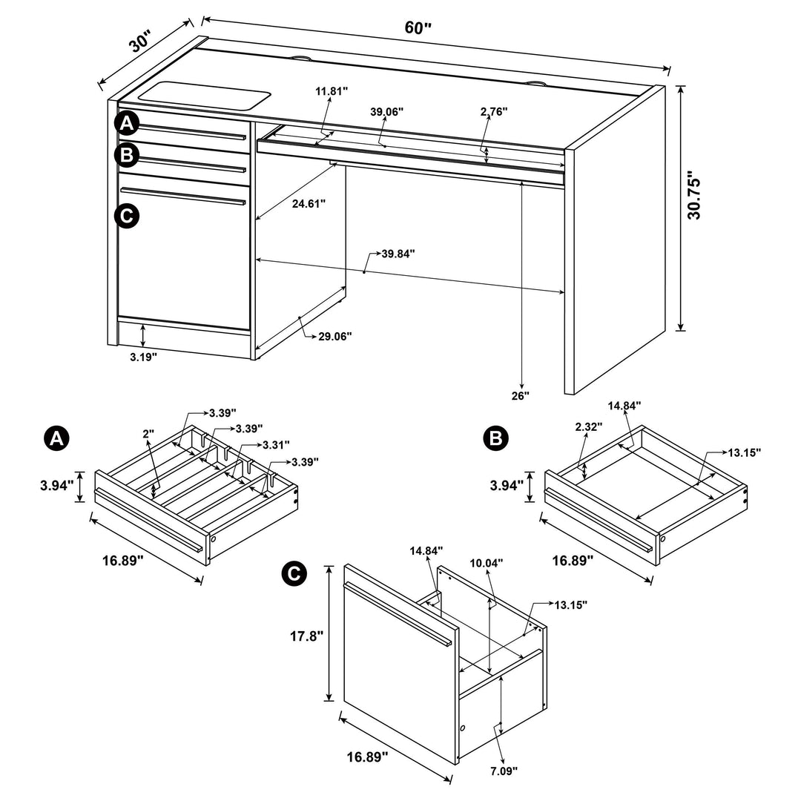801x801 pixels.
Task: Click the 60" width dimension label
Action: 418,28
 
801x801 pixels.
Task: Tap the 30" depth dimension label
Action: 140,42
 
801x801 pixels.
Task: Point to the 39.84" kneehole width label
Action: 398,254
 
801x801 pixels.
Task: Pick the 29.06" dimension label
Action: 334,336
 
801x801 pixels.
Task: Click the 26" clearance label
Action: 520,396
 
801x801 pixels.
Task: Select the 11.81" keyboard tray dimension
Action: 331,91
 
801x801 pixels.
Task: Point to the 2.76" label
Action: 493,112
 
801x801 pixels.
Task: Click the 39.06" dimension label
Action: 386,112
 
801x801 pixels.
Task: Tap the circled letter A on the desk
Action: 127,123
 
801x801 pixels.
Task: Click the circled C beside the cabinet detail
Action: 294,573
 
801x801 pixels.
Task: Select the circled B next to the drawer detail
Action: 495,439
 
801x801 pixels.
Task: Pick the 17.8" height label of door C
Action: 305,636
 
